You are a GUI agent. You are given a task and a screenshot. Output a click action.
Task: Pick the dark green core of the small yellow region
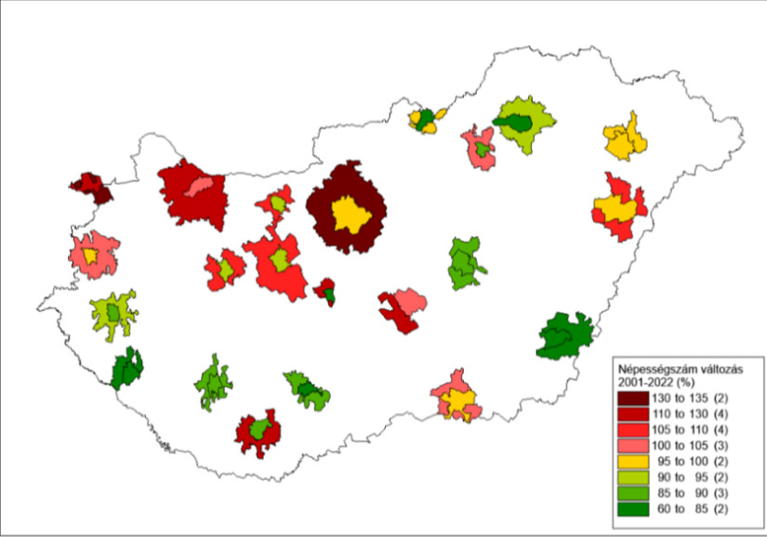pyautogui.click(x=425, y=118)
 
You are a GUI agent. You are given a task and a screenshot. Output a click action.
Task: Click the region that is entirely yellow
pyautogui.click(x=624, y=138)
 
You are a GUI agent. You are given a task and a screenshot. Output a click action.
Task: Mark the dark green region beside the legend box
pyautogui.click(x=564, y=336)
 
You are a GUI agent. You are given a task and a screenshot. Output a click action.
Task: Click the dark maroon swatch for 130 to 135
pyautogui.click(x=631, y=398)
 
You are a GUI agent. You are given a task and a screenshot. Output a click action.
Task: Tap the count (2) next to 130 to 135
pyautogui.click(x=733, y=398)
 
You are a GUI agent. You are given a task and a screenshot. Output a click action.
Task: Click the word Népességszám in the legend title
pyautogui.click(x=657, y=367)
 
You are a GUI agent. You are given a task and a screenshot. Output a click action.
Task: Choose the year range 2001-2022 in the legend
pyautogui.click(x=647, y=380)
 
